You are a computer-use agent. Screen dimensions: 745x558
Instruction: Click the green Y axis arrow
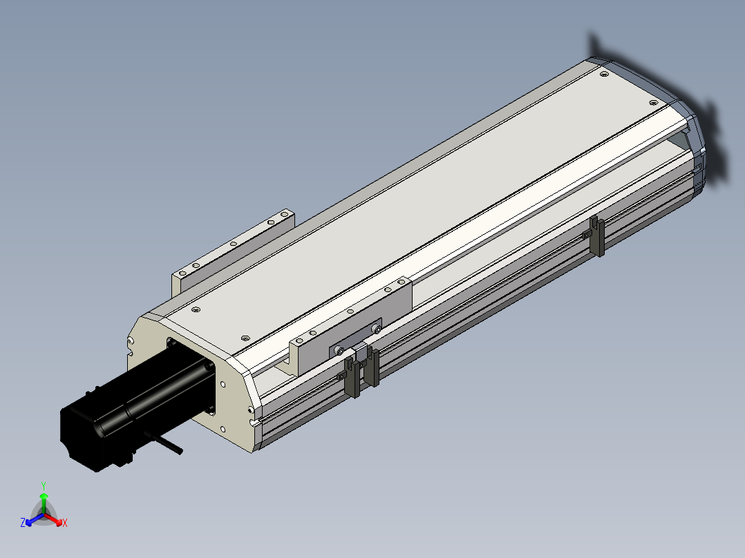44,503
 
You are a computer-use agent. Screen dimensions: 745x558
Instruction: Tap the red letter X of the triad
65,523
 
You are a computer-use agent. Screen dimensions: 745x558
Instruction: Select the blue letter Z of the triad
23,522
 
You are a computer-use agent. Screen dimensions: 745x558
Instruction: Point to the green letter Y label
44,486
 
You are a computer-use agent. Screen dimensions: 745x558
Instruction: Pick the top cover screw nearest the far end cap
653,103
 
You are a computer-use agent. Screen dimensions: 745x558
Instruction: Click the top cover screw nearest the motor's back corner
196,309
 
